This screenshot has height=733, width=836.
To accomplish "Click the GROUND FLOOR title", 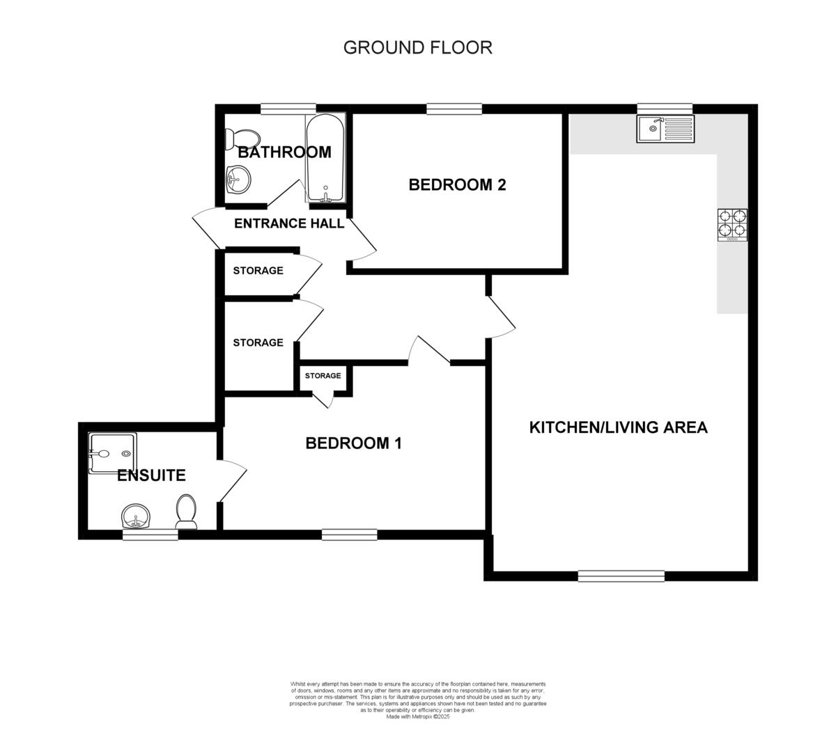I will pyautogui.click(x=417, y=47).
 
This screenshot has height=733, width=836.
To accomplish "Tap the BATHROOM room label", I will pyautogui.click(x=284, y=152).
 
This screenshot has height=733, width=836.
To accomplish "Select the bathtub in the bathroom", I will pyautogui.click(x=325, y=159).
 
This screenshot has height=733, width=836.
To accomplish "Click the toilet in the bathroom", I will pyautogui.click(x=241, y=138).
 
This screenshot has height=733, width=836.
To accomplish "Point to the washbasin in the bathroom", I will pyautogui.click(x=237, y=179).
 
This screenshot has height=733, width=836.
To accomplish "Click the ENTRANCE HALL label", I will pyautogui.click(x=288, y=223).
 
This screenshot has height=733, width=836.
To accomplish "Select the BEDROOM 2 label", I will pyautogui.click(x=457, y=184).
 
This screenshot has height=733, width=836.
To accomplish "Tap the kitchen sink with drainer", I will pyautogui.click(x=665, y=129).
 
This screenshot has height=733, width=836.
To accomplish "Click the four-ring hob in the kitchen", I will pyautogui.click(x=732, y=225).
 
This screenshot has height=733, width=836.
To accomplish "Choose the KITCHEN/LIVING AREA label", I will pyautogui.click(x=618, y=427).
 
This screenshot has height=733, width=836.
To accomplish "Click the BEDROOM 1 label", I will pyautogui.click(x=353, y=443).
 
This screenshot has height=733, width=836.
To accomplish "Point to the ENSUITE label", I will pyautogui.click(x=151, y=475).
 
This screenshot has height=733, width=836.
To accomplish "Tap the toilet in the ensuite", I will pyautogui.click(x=186, y=511).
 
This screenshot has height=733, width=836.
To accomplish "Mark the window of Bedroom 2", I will pyautogui.click(x=454, y=108).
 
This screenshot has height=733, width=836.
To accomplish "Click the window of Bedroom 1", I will pyautogui.click(x=349, y=535).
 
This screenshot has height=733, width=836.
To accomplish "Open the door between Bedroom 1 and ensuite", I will pyautogui.click(x=232, y=480).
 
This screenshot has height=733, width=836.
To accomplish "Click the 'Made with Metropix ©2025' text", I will pyautogui.click(x=418, y=716).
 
